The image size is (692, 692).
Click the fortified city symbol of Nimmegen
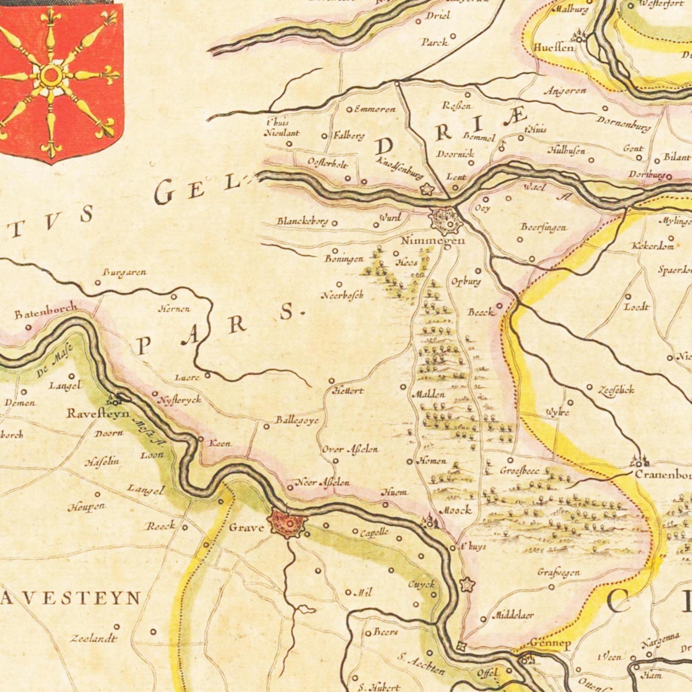(446, 221)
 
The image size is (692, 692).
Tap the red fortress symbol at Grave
(287, 523)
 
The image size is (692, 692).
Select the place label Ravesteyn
(98, 413)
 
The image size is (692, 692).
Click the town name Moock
(455, 510)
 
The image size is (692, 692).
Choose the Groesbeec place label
(520, 471)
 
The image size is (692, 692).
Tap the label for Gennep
(550, 644)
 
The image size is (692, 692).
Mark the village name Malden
(428, 395)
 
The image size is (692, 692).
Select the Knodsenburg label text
(400, 168)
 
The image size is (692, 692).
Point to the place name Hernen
(174, 309)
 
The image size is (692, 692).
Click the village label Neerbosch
(342, 295)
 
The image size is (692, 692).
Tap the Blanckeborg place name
(302, 221)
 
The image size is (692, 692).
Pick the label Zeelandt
(93, 638)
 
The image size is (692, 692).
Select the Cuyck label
(421, 584)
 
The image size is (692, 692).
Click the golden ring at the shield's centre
(51, 75)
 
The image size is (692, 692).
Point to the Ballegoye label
(297, 420)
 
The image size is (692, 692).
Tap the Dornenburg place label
(624, 124)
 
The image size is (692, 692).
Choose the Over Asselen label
(350, 449)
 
